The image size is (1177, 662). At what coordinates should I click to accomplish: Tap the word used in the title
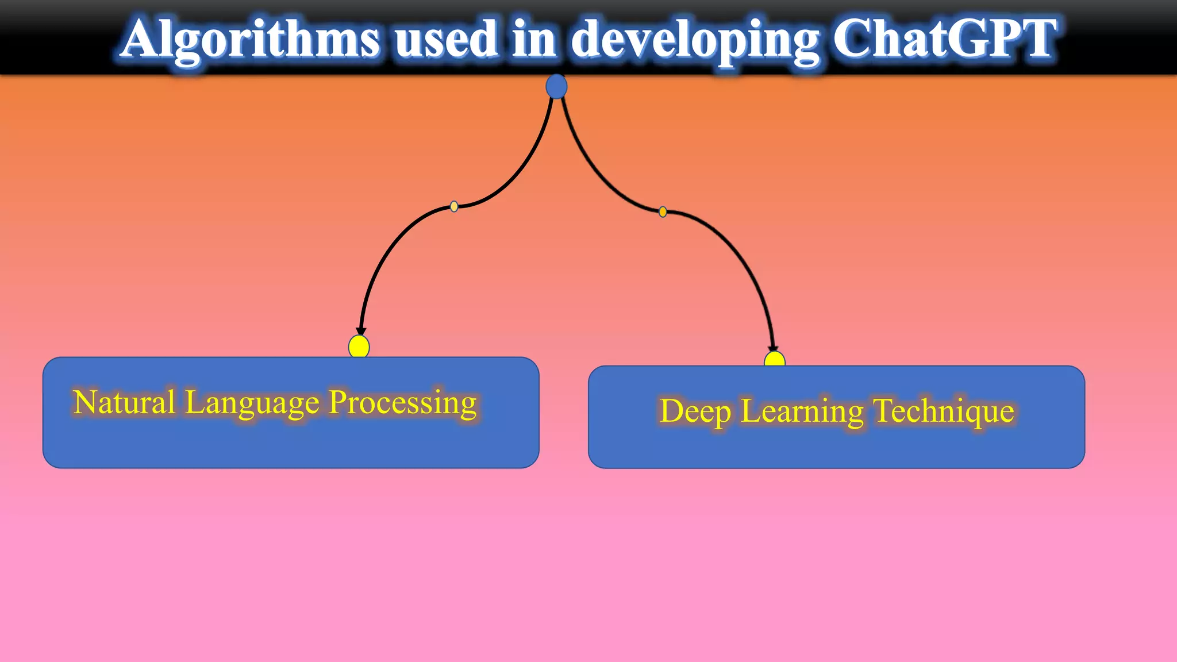tap(446, 39)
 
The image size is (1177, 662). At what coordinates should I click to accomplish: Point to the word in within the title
tap(534, 39)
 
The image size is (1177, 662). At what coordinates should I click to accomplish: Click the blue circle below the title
tap(556, 87)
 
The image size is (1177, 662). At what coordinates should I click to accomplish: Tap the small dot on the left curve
tap(454, 206)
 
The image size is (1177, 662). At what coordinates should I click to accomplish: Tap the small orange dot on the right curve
tap(663, 212)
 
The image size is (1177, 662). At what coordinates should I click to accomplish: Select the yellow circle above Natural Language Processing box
tap(359, 347)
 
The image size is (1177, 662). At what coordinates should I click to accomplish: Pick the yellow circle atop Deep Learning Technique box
tap(775, 360)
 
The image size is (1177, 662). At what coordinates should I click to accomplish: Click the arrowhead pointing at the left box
tap(361, 332)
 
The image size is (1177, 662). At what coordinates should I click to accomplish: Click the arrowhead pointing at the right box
tap(773, 348)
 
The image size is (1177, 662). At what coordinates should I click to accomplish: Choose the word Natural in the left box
tap(124, 402)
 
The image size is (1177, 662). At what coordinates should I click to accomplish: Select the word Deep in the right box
tap(695, 412)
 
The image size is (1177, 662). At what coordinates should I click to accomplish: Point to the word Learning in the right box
tap(802, 412)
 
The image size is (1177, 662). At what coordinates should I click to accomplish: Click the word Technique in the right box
tap(944, 411)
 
